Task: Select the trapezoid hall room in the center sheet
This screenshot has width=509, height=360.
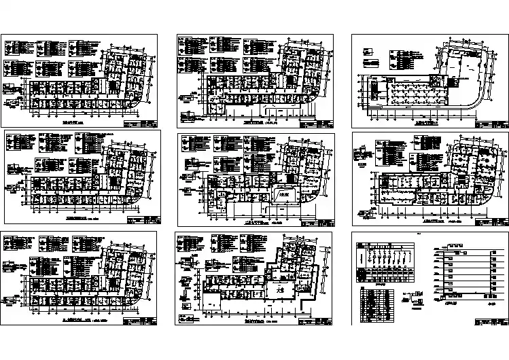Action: (x=283, y=194)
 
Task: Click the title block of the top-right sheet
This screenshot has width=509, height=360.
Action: (x=493, y=124)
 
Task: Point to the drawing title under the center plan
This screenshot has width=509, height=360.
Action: (x=262, y=221)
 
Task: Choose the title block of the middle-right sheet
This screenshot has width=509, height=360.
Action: (x=493, y=221)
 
